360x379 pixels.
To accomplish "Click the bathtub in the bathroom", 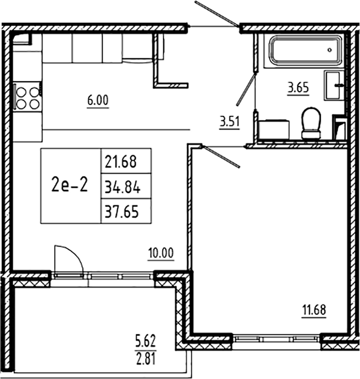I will coord(303,51).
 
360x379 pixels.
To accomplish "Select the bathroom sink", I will coord(335,86).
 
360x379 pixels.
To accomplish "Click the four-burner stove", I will coord(27,97).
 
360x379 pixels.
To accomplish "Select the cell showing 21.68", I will coord(125,162).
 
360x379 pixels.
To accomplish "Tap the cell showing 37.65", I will coord(125,212).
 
